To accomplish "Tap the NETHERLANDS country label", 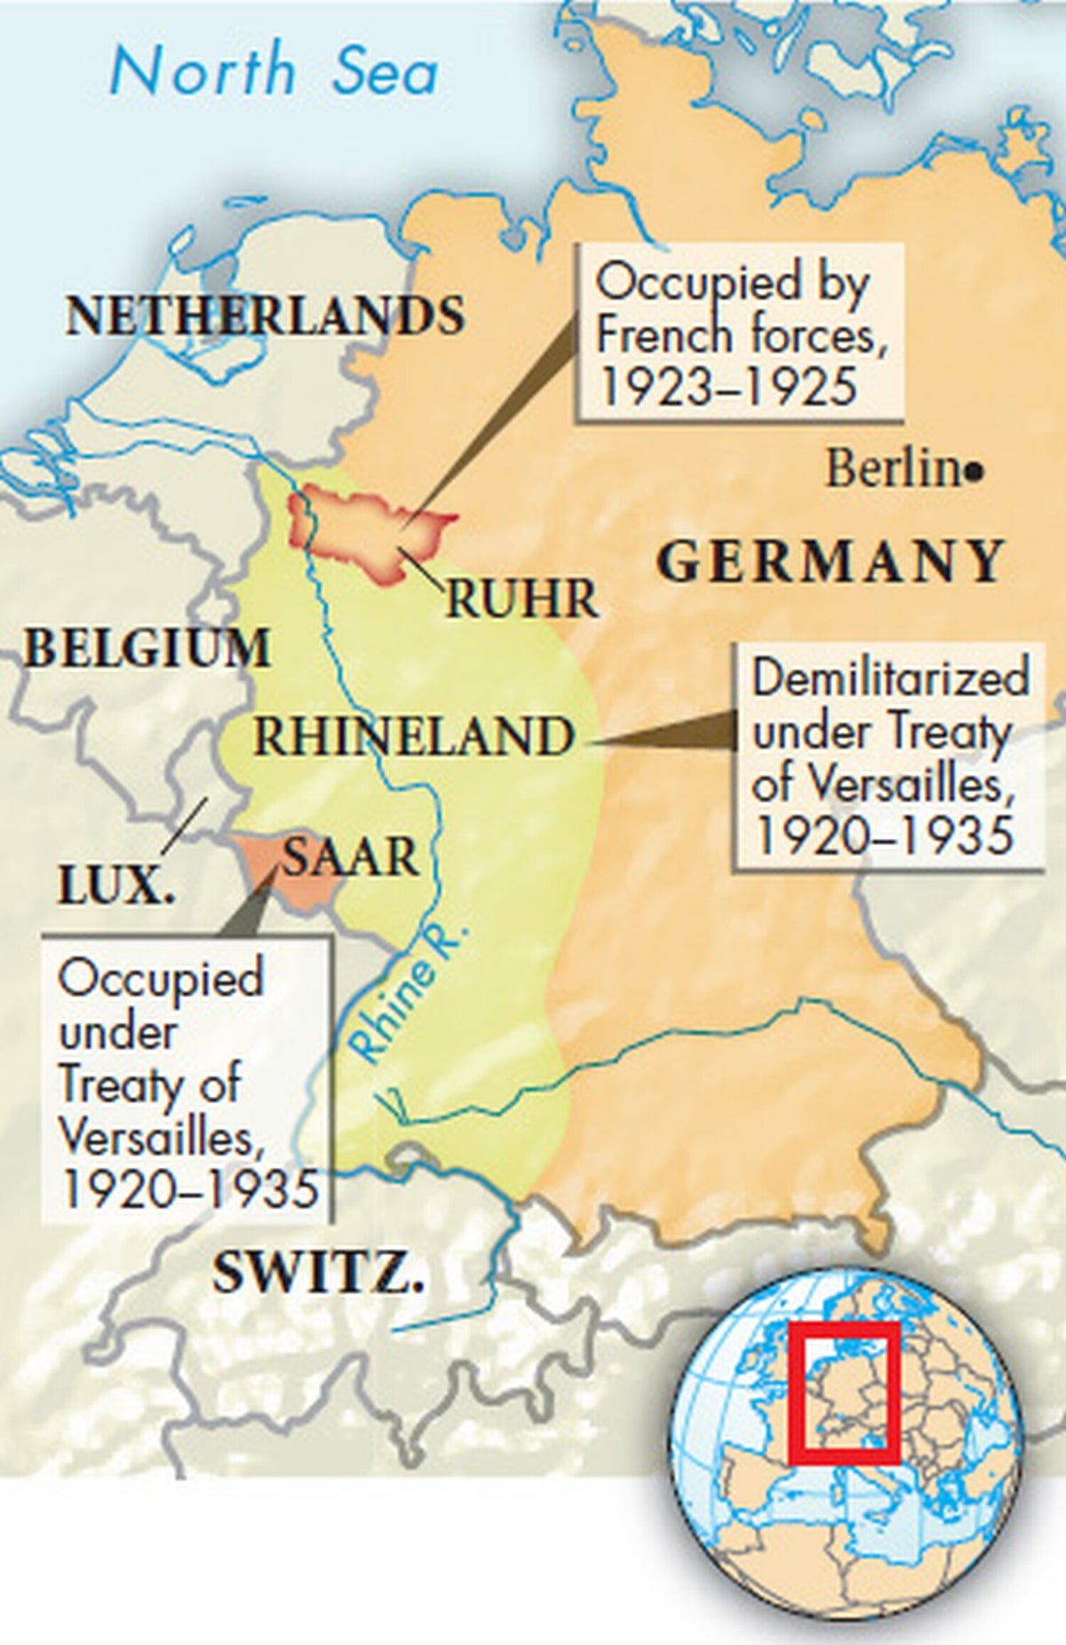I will tap(265, 315).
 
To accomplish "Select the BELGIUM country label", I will tap(147, 648).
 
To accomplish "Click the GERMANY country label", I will tap(831, 561).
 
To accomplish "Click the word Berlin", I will tap(893, 469).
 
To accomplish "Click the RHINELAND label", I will tap(413, 737).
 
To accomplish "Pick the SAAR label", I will tap(350, 857).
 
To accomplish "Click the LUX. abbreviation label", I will tap(115, 886).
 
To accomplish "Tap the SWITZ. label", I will tap(317, 1275).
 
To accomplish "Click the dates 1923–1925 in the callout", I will tap(727, 387).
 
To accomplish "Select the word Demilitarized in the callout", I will tap(889, 678).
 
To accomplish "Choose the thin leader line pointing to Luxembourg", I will tap(185, 826).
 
